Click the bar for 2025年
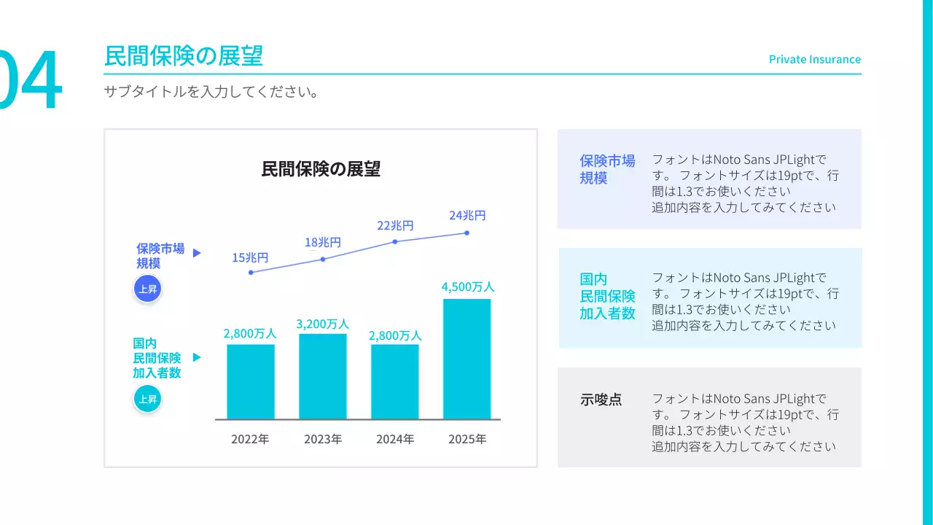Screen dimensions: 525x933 tap(466, 359)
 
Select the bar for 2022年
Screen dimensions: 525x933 tap(251, 381)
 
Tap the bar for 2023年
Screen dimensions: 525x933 tap(323, 376)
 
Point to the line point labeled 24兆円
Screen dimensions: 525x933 tap(466, 233)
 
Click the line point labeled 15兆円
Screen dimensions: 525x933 tap(251, 272)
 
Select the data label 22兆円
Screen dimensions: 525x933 tap(395, 226)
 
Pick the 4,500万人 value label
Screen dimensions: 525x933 tap(467, 287)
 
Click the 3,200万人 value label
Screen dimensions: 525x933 tap(322, 323)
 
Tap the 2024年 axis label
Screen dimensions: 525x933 tap(395, 439)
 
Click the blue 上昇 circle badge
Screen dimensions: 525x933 tap(147, 289)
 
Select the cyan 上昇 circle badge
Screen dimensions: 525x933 tap(147, 399)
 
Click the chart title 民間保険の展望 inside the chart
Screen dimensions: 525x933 tap(321, 169)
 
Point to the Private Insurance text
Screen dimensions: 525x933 tap(814, 59)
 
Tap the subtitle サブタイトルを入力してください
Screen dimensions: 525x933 tap(211, 93)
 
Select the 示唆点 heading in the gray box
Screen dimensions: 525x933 tap(601, 400)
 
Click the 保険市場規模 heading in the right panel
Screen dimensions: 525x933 tap(607, 169)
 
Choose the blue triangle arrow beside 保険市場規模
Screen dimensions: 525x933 tap(197, 253)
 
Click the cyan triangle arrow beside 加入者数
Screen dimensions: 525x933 tap(197, 357)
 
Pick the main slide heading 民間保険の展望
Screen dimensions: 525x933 tap(184, 55)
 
